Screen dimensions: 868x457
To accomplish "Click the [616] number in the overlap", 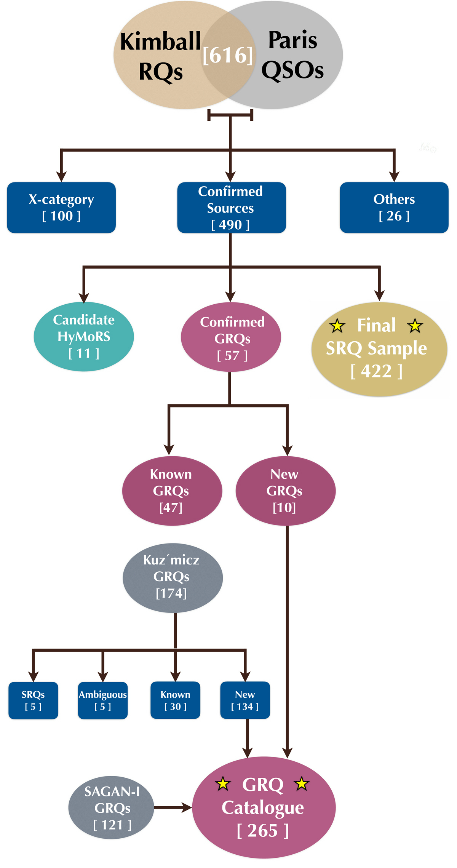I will pos(228,56).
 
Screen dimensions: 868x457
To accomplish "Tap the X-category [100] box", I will pos(61,208).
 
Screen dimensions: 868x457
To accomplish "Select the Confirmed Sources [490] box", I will pos(231,208).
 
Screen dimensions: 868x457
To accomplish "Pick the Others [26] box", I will pos(394,208).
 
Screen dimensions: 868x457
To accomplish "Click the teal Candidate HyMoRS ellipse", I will pos(84,337).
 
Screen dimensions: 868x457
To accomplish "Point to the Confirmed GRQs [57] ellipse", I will pos(231,337).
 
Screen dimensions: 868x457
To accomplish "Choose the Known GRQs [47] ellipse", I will pos(172,491).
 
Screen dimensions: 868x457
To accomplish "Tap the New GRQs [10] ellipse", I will pos(285,491).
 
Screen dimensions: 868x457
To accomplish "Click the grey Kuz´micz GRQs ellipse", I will pos(173,577).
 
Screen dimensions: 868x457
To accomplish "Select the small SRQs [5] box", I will pos(34,700).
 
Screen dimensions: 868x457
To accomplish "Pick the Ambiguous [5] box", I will pos(103,700).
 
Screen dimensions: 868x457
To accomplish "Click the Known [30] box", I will pos(175,700).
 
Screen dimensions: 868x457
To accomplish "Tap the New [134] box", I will pos(245,700).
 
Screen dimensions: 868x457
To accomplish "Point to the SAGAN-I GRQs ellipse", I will pos(111,808).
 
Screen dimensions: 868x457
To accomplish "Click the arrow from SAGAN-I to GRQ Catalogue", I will pos(173,807).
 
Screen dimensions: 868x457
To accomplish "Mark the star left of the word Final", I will pos(337,326).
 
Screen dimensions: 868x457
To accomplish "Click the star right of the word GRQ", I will pos(302,784).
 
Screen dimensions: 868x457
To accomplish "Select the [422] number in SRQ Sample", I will pos(376,371).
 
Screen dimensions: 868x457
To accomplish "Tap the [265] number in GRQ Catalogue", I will pos(263,831).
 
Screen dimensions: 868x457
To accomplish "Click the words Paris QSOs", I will pos(292,55).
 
